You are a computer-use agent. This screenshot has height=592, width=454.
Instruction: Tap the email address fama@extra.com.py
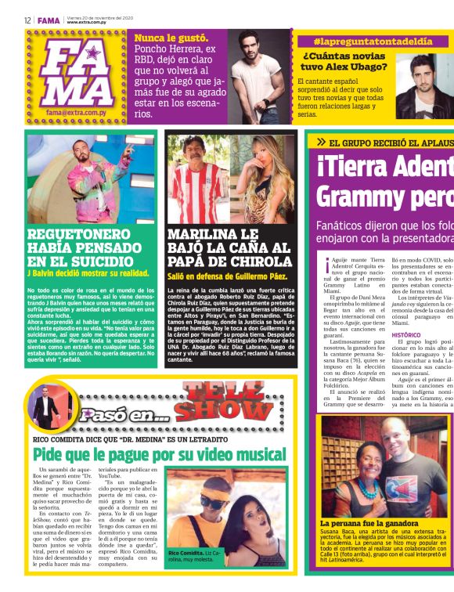point(76,113)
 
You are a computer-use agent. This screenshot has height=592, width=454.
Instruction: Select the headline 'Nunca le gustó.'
point(171,38)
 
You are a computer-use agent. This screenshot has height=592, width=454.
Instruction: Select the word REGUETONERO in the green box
point(77,234)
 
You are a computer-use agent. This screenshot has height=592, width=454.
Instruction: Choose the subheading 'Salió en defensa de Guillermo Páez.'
point(223,276)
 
